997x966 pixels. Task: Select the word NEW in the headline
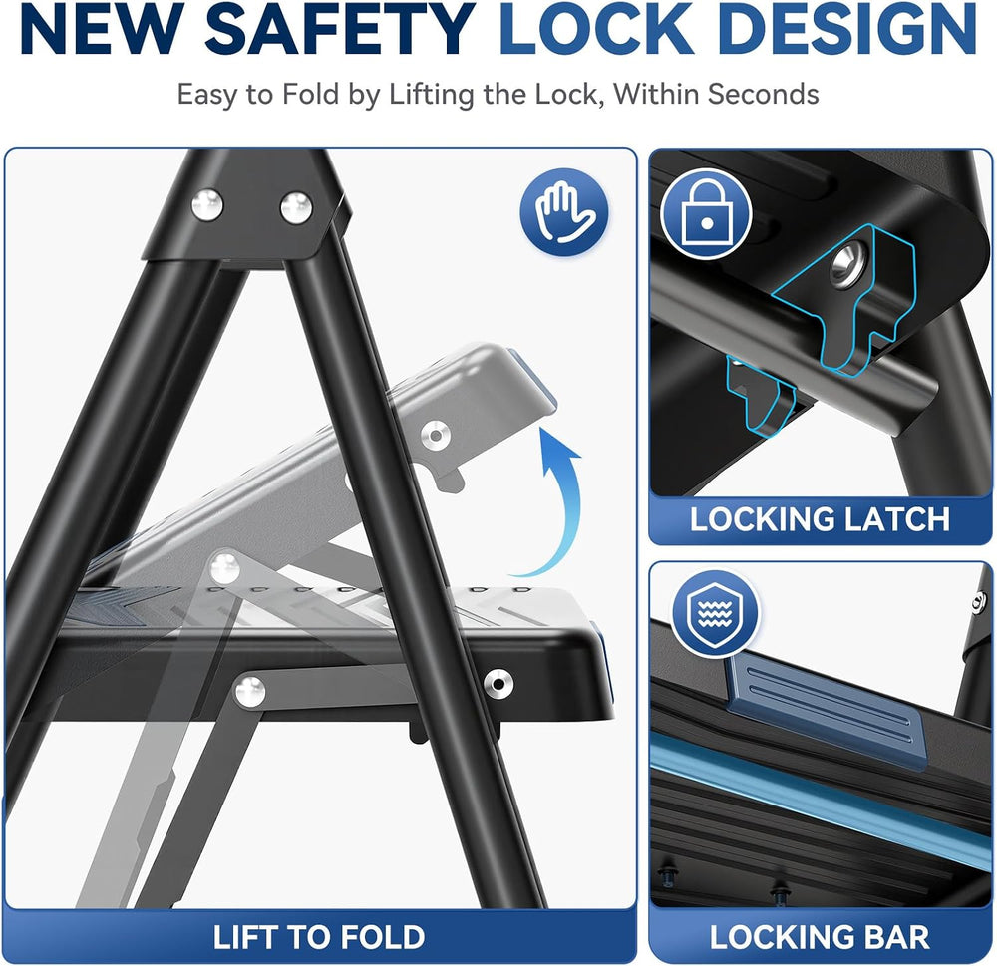pyautogui.click(x=106, y=29)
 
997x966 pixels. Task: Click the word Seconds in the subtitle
pyautogui.click(x=763, y=94)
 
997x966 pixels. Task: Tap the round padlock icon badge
pyautogui.click(x=706, y=213)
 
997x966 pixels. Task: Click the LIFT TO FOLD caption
pyautogui.click(x=319, y=937)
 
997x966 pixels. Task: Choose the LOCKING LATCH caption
pyautogui.click(x=821, y=519)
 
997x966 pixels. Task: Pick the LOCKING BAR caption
pyautogui.click(x=820, y=937)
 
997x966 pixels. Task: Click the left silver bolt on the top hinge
pyautogui.click(x=207, y=205)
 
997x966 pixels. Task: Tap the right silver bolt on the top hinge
pyautogui.click(x=296, y=208)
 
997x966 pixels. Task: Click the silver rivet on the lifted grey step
pyautogui.click(x=435, y=436)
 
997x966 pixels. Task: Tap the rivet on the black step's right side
pyautogui.click(x=498, y=684)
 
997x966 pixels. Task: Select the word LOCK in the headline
pyautogui.click(x=594, y=29)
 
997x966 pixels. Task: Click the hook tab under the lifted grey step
pyautogui.click(x=449, y=477)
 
